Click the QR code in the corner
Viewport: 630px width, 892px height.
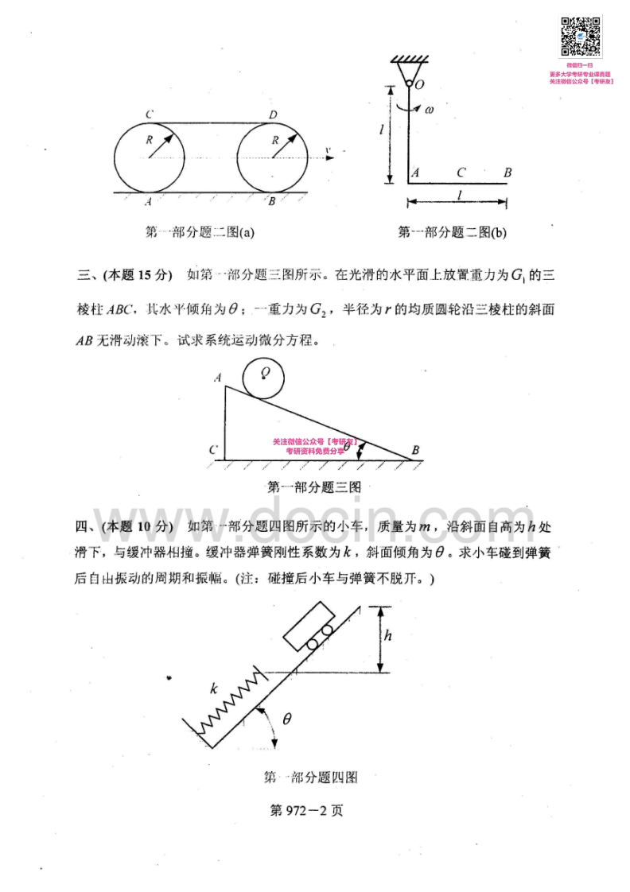[x=580, y=37]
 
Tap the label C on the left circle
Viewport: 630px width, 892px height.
[x=149, y=116]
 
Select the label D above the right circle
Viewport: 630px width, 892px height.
[x=273, y=116]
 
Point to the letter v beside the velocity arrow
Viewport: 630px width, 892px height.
[x=328, y=149]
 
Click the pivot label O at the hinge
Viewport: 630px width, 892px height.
[x=419, y=83]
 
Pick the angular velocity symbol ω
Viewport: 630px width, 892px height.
[x=429, y=109]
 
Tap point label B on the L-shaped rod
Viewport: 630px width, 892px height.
[x=507, y=172]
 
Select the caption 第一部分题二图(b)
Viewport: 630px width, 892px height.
[x=452, y=232]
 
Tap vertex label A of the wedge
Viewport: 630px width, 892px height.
[x=217, y=378]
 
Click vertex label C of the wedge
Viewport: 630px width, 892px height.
[x=213, y=451]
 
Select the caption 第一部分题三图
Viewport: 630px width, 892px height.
[x=315, y=487]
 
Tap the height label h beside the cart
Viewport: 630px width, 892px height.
[x=387, y=635]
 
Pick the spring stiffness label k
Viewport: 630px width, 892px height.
[x=213, y=688]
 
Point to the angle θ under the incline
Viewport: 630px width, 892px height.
[x=287, y=719]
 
